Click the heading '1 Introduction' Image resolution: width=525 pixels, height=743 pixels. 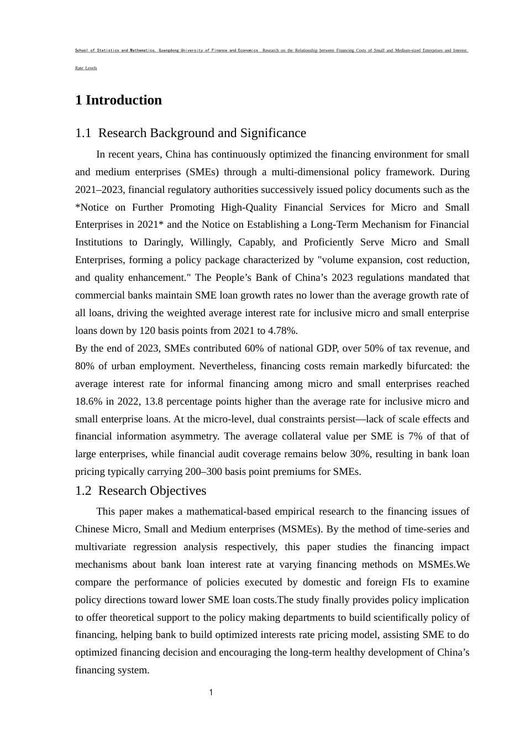click(118, 100)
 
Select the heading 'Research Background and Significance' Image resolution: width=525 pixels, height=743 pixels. click(202, 133)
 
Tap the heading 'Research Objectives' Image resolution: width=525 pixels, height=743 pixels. click(152, 491)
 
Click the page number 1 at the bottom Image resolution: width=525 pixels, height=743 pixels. click(211, 693)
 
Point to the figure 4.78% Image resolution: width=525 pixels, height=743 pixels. click(283, 331)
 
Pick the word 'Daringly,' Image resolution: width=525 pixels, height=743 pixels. click(164, 242)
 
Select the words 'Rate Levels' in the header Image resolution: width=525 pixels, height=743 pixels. click(86, 68)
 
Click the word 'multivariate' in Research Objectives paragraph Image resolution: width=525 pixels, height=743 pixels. click(100, 547)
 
